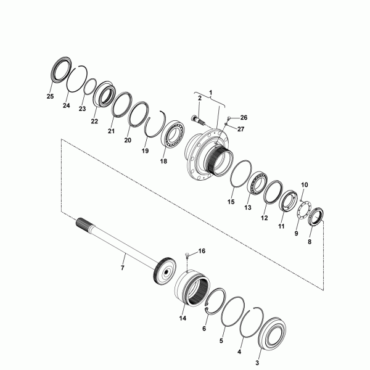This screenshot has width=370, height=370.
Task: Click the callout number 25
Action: click(50, 96)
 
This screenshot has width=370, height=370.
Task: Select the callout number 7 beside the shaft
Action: click(122, 268)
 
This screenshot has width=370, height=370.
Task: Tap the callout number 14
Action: click(183, 318)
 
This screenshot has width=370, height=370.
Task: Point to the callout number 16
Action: click(202, 251)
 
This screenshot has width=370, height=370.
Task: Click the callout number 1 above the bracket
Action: click(211, 92)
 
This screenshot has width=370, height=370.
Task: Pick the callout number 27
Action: click(240, 129)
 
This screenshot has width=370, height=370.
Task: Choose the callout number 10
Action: click(305, 185)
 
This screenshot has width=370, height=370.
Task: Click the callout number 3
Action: click(257, 363)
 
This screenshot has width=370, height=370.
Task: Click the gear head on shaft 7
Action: click(166, 271)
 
